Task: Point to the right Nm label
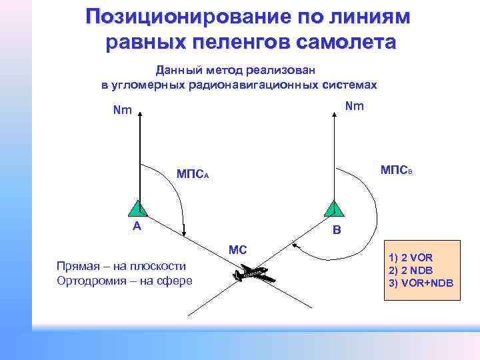pyautogui.click(x=355, y=106)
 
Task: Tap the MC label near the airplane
pyautogui.click(x=238, y=250)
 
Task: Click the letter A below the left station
pyautogui.click(x=137, y=226)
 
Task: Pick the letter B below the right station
pyautogui.click(x=337, y=231)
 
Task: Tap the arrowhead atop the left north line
pyautogui.click(x=141, y=115)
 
